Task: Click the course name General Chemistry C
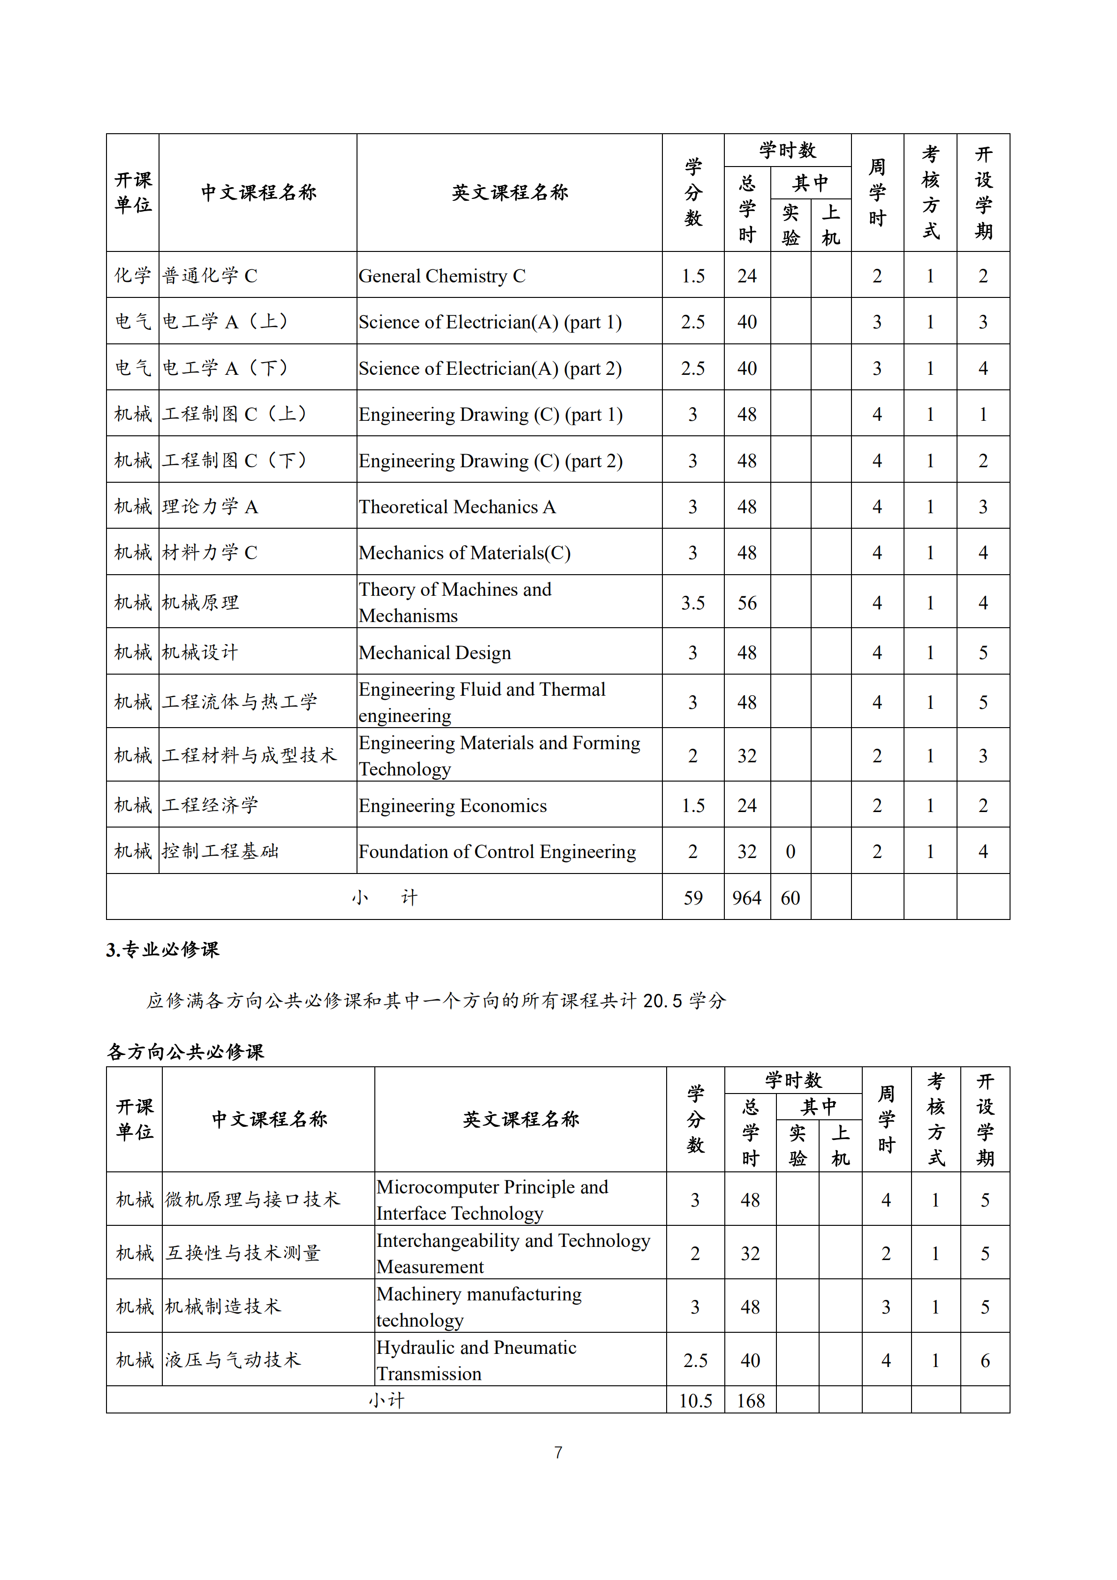coord(442,276)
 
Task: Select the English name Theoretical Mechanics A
coord(457,507)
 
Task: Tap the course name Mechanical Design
coord(434,653)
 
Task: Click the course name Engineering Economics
coord(452,806)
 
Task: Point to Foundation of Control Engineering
coord(497,852)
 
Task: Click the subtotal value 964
coord(747,898)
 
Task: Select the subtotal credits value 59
coord(693,898)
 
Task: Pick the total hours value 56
coord(747,603)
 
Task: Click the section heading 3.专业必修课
coord(162,950)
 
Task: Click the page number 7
coord(558,1453)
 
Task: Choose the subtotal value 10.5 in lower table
coord(695,1401)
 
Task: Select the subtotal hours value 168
coord(750,1401)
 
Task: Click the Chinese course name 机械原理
coord(200,603)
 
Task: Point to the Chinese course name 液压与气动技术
coord(233,1360)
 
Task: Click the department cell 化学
coord(133,275)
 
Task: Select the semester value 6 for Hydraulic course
coord(985,1360)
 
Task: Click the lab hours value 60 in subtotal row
coord(790,898)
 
